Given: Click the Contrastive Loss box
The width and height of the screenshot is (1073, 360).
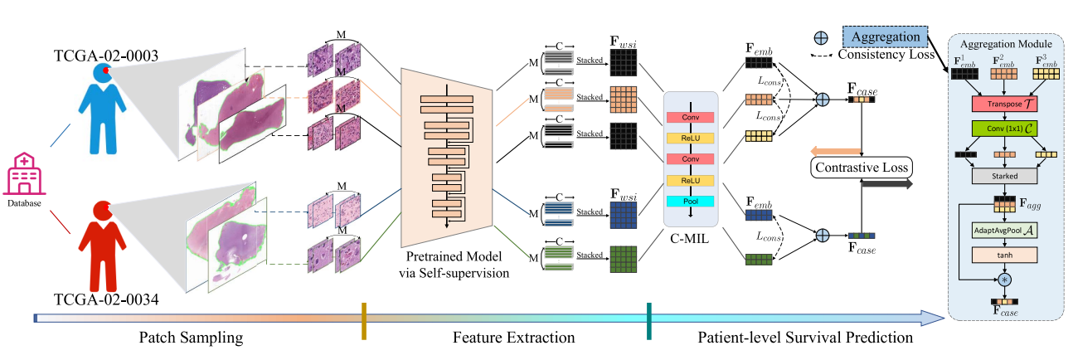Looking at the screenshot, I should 862,168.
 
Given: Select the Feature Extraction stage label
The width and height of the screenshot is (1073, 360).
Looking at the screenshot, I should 513,338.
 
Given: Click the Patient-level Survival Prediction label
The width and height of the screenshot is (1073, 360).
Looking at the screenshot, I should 804,338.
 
